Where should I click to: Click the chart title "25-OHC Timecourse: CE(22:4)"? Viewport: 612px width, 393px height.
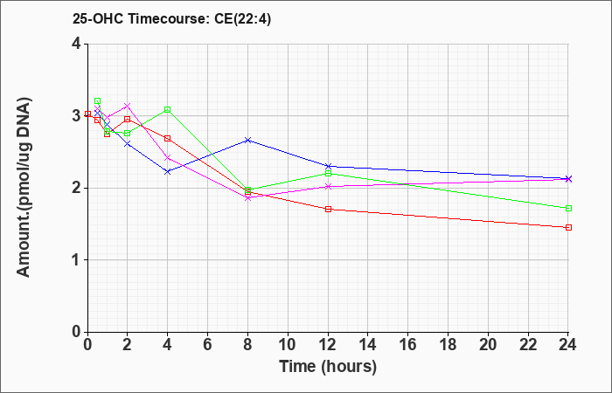click(171, 18)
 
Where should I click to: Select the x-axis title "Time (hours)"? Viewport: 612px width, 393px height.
click(328, 367)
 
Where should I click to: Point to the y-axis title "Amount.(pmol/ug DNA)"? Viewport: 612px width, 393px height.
click(24, 187)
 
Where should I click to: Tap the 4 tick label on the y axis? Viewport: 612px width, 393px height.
click(77, 44)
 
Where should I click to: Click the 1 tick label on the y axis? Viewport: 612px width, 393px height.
click(77, 260)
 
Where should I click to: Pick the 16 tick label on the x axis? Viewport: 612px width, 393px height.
click(408, 345)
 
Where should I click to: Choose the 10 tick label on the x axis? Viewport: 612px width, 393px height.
click(288, 345)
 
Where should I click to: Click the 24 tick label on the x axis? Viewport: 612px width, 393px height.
click(568, 345)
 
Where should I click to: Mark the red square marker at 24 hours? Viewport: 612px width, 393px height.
click(568, 227)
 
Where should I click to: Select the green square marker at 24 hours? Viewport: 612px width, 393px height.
click(568, 208)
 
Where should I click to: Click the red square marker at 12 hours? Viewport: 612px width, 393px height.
click(328, 209)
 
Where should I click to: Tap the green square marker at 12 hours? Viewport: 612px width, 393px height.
click(328, 173)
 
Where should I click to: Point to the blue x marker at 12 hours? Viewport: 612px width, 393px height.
click(328, 167)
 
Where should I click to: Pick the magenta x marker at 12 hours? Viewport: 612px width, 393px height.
click(328, 186)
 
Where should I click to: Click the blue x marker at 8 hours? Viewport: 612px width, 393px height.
click(247, 140)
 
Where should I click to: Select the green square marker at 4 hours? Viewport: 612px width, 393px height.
click(168, 109)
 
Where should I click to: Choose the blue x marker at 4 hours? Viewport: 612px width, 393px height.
click(168, 171)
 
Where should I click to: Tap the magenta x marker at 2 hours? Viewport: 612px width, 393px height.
click(128, 106)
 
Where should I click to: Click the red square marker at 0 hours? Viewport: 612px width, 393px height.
click(87, 114)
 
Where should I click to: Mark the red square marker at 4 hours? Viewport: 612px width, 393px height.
click(168, 138)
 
